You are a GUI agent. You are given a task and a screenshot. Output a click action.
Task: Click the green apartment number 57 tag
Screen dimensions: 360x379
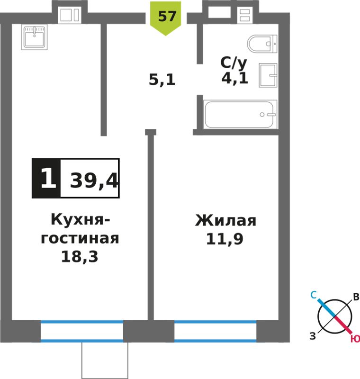pyautogui.click(x=165, y=18)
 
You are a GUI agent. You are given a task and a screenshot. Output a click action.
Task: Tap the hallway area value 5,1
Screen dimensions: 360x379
pyautogui.click(x=162, y=80)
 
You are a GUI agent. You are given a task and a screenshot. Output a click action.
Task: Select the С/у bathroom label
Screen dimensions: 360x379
pyautogui.click(x=234, y=63)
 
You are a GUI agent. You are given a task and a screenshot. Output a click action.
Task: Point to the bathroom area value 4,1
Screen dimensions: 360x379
pyautogui.click(x=235, y=78)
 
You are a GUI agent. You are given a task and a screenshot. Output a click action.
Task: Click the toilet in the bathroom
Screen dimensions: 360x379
pyautogui.click(x=262, y=44)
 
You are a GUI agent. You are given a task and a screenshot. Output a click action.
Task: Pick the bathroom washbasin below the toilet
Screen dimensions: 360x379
pyautogui.click(x=268, y=75)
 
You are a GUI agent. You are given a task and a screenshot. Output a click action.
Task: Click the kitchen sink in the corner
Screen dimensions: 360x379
pyautogui.click(x=34, y=37)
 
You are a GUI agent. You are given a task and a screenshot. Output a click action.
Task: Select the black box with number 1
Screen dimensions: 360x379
pyautogui.click(x=46, y=179)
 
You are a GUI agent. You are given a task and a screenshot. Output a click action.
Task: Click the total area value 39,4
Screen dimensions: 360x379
pyautogui.click(x=94, y=180)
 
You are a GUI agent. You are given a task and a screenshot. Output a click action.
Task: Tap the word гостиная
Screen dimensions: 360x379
pyautogui.click(x=80, y=238)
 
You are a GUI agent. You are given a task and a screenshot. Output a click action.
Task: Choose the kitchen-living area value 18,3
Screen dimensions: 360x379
pyautogui.click(x=80, y=256)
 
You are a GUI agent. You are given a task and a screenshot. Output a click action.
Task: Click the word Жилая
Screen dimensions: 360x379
pyautogui.click(x=225, y=220)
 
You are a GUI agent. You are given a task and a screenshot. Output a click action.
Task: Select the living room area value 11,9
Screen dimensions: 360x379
pyautogui.click(x=225, y=239)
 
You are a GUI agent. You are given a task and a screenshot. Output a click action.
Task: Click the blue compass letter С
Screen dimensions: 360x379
pyautogui.click(x=314, y=295)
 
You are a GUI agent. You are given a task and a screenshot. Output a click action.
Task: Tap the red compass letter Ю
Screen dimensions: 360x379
pyautogui.click(x=355, y=339)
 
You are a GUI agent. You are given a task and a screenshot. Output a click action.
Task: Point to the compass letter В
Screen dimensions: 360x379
pyautogui.click(x=356, y=297)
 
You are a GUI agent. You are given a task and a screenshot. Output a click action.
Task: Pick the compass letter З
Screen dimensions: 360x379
pyautogui.click(x=313, y=336)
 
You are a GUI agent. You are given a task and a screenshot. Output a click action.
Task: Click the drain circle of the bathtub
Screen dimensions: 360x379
pyautogui.click(x=262, y=115)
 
